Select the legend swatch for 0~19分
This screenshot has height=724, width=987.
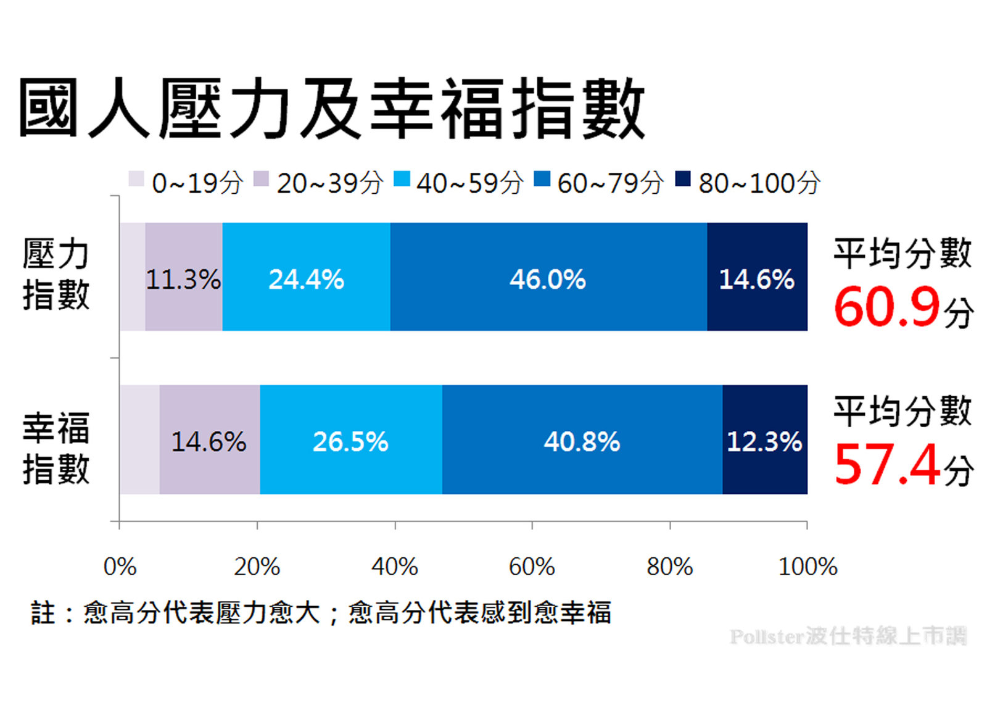[x=136, y=179]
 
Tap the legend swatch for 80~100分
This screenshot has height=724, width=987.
[x=682, y=179]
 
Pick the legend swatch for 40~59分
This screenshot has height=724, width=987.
[x=402, y=179]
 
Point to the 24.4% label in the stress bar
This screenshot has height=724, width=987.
[x=306, y=280]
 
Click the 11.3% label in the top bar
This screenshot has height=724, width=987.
[x=183, y=280]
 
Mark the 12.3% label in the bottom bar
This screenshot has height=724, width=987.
[x=764, y=441]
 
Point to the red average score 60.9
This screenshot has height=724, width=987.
[x=887, y=307]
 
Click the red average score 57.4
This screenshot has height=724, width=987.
[x=887, y=465]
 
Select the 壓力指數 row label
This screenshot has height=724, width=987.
[x=56, y=273]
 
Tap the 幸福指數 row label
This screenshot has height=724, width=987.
[x=56, y=448]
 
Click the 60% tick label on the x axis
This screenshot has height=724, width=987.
[x=532, y=566]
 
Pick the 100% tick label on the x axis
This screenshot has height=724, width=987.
[x=807, y=566]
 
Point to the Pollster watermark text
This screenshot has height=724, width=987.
[x=848, y=636]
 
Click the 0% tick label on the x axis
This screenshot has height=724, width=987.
[x=120, y=566]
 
